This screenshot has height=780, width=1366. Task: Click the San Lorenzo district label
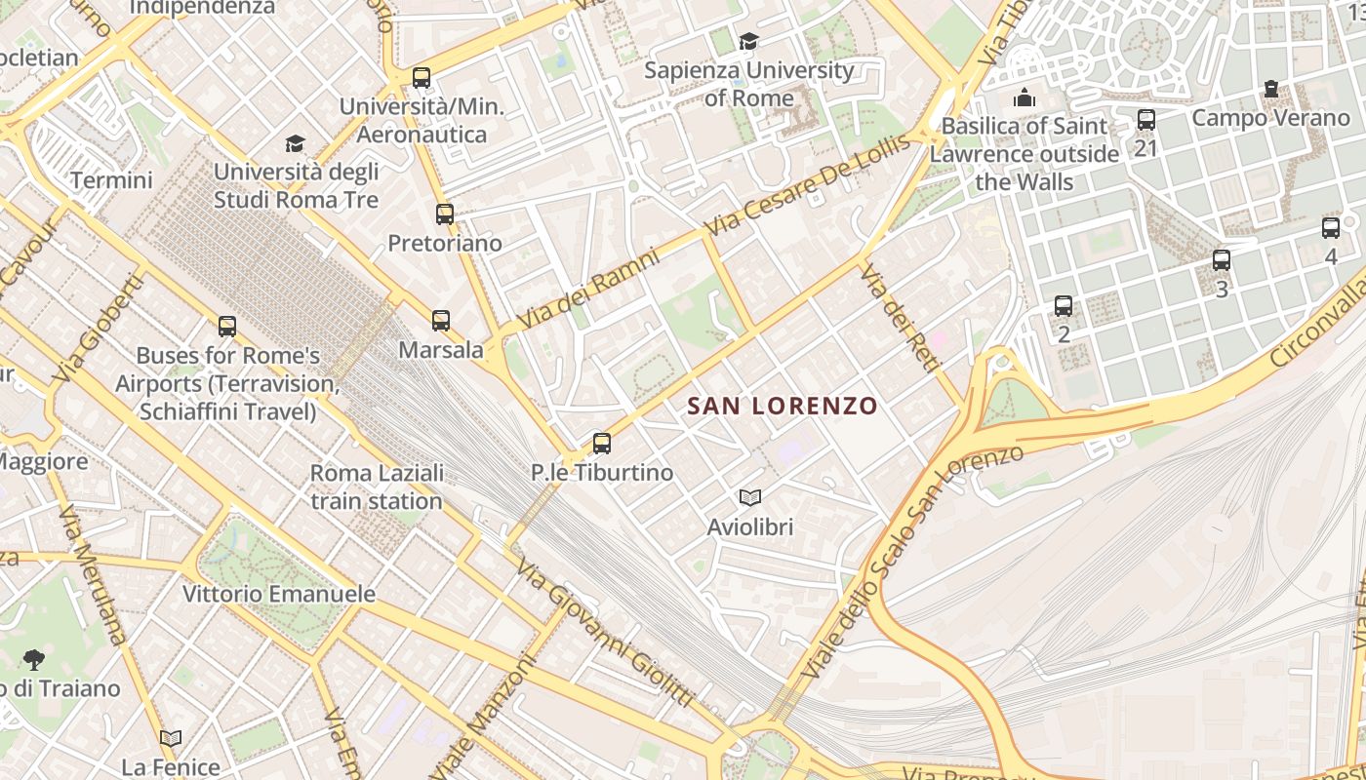(783, 406)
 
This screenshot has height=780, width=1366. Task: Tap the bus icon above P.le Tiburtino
(602, 444)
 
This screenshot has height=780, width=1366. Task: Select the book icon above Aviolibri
(749, 498)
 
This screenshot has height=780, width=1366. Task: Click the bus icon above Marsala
(441, 320)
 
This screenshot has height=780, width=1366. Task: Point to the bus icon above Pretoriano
(445, 214)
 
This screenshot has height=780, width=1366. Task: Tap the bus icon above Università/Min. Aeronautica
(422, 78)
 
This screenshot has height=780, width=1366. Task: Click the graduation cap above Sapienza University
(748, 41)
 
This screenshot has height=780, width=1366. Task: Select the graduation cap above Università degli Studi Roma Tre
(295, 144)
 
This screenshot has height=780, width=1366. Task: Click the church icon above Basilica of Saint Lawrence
(1024, 97)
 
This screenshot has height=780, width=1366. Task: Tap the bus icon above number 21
(1146, 120)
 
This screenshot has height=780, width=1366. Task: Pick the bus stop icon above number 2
(1064, 306)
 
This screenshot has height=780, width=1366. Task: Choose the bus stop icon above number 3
(1221, 260)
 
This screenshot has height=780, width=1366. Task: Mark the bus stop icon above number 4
(1331, 228)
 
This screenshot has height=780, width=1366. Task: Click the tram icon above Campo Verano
(1270, 90)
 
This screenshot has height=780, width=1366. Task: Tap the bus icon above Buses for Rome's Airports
(227, 327)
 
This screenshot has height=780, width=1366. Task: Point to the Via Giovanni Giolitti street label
(605, 633)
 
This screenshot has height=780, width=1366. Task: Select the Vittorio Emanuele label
(279, 594)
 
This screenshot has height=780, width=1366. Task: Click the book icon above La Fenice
(171, 738)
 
